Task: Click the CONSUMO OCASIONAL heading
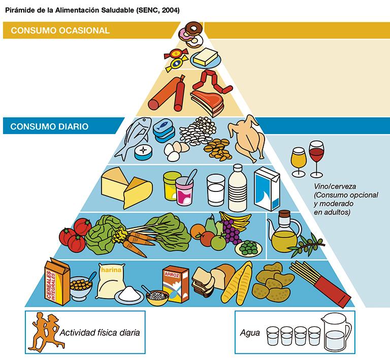pyautogui.click(x=60, y=30)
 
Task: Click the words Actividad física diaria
pyautogui.click(x=100, y=333)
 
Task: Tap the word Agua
pyautogui.click(x=249, y=334)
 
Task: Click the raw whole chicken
pyautogui.click(x=247, y=138)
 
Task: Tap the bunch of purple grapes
pyautogui.click(x=232, y=233)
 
